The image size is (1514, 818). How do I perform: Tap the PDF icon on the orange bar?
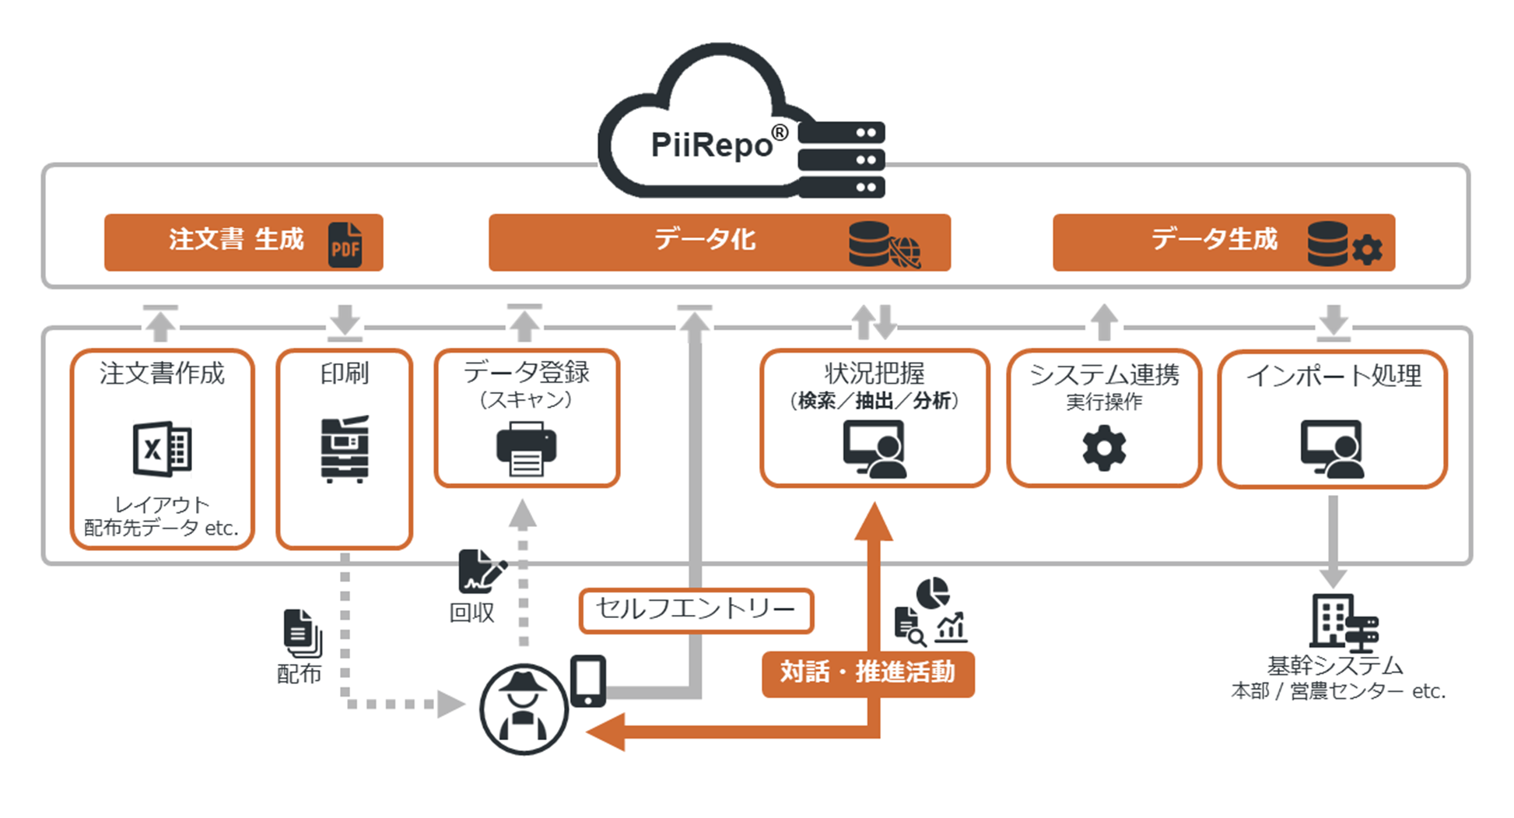tap(345, 244)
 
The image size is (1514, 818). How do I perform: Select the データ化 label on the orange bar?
tap(705, 239)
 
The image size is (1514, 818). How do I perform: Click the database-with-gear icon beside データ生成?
tap(1344, 244)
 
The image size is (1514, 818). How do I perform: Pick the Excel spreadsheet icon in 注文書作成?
tap(162, 448)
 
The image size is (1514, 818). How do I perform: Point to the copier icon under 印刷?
tap(345, 449)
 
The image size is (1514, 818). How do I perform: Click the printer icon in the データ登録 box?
tap(526, 448)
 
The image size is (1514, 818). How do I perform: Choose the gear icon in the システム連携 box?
tap(1104, 448)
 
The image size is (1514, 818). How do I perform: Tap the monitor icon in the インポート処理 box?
tap(1332, 449)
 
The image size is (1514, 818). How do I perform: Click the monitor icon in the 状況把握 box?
tap(874, 449)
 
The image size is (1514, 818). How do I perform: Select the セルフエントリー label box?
tap(696, 609)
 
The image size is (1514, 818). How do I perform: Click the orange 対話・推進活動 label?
tap(867, 672)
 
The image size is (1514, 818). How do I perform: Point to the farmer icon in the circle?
tap(524, 709)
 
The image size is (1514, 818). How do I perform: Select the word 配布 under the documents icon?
tap(299, 673)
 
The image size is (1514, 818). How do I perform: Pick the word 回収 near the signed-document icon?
tap(471, 613)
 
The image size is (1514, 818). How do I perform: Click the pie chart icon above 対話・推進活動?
tap(933, 593)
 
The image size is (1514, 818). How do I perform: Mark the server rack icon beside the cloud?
tap(842, 160)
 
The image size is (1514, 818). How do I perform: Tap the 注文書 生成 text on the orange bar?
tap(236, 239)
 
